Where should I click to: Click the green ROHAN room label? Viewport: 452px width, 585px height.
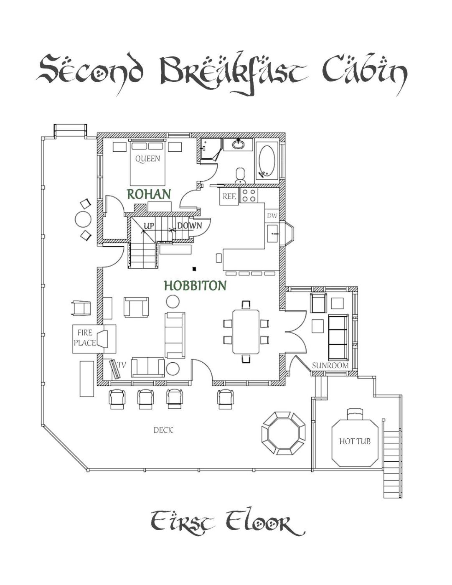(149, 194)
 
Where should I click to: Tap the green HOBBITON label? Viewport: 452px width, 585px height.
(195, 286)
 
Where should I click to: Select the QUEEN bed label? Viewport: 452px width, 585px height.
(147, 159)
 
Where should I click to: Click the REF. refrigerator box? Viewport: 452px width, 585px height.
(229, 196)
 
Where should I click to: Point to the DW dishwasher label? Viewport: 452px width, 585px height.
(272, 216)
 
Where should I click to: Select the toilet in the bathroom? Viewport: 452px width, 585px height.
(240, 175)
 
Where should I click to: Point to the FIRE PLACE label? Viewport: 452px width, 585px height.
(85, 338)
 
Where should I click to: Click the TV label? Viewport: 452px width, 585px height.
(121, 365)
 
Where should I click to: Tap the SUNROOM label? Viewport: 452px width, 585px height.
(330, 366)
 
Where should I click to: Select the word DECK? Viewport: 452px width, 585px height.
(163, 430)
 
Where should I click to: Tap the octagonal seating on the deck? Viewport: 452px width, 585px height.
(284, 433)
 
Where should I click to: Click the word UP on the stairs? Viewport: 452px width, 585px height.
(149, 226)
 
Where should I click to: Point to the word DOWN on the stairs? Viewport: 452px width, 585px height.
(189, 226)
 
